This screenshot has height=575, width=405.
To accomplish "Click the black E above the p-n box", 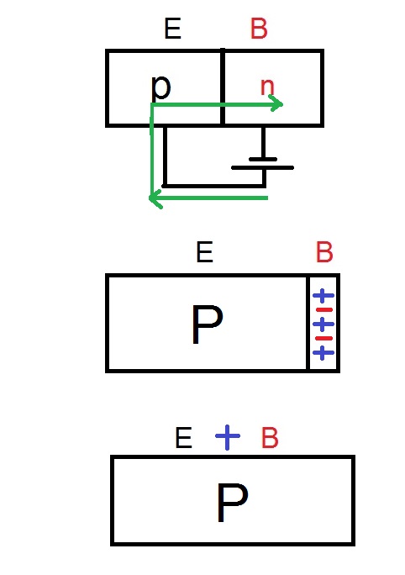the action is point(172,29).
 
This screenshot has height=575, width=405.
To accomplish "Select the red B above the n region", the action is point(259,29).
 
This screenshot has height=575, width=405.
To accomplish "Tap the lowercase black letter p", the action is point(160,88).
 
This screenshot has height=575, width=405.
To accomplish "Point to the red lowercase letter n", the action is point(267,87).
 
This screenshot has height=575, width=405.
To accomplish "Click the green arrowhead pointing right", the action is point(276,103).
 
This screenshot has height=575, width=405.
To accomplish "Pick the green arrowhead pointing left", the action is point(155,199).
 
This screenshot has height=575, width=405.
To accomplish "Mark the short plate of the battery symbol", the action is point(263,159).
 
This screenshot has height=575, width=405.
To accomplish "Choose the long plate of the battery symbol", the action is point(262,167).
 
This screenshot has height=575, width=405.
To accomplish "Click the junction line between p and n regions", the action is point(223,87).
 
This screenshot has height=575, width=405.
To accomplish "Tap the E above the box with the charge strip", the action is point(204,251).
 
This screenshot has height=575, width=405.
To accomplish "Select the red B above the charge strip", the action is point(324,252).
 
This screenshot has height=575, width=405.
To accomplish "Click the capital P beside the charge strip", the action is point(207,324).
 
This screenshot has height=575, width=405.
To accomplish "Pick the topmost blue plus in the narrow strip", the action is point(323,296).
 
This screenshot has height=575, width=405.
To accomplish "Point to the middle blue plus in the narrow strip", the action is point(323,324).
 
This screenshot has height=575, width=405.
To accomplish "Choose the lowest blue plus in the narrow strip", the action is point(323,353).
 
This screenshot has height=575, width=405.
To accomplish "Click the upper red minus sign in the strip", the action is point(324,310).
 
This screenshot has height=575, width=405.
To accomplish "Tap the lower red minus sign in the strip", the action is point(324,338).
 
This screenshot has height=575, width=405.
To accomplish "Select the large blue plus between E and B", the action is point(228,437).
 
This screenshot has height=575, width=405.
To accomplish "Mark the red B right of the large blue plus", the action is point(270,438).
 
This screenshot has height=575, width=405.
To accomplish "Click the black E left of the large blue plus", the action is point(184,438).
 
